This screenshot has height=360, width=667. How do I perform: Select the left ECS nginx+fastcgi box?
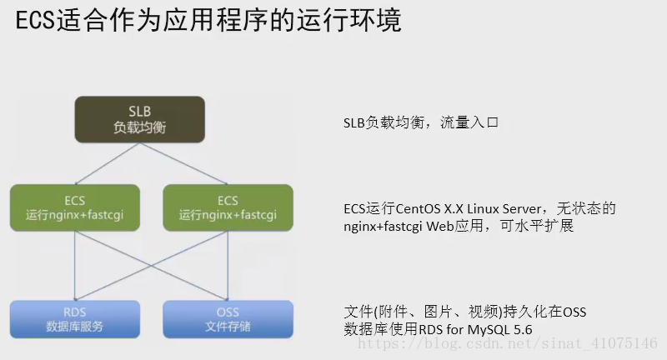point(75,207)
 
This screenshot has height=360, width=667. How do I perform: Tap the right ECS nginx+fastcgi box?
point(227,207)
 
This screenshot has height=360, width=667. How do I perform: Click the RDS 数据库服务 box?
point(75,319)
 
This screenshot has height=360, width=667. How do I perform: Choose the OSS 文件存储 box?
point(227,319)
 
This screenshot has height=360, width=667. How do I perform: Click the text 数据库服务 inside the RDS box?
point(75,327)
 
